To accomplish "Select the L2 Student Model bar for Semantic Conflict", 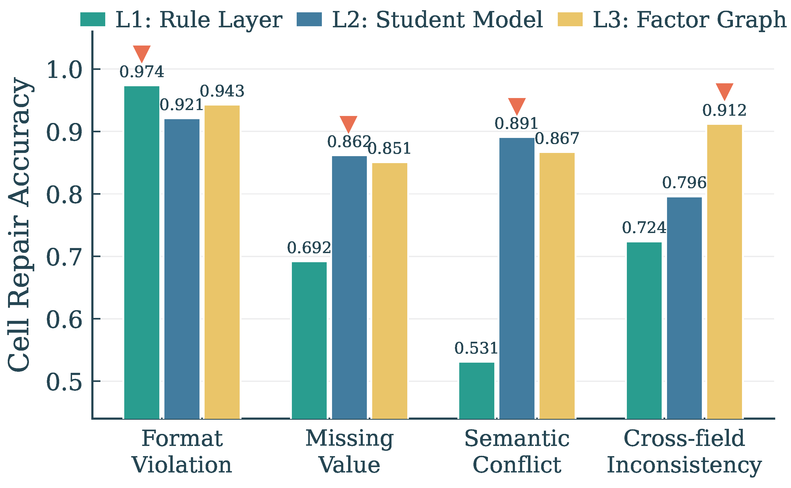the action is pos(517,278).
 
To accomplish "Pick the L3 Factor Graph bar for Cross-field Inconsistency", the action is pos(725,272).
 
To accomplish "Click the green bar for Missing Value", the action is pos(309,340).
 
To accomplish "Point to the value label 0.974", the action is pos(142,72).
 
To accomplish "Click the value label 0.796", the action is pos(684,183).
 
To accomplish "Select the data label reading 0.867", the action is pos(557,138).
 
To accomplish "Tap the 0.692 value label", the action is pos(309,248).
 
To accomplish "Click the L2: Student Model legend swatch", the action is pos(309,19).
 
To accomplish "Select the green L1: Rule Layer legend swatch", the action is pos(93,19).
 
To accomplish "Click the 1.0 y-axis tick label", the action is pos(65,70).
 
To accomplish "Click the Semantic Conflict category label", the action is pos(517,452).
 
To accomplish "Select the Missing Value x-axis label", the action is pos(349,452).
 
